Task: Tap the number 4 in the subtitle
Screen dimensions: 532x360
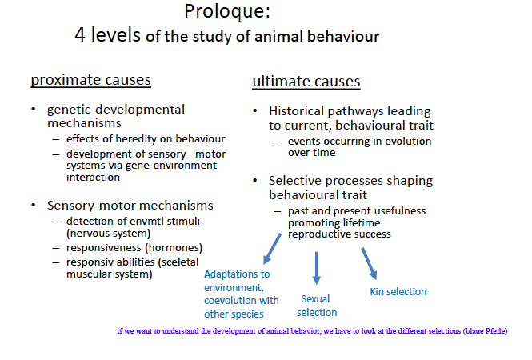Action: [x=81, y=35]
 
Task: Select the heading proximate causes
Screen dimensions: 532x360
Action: [x=90, y=80]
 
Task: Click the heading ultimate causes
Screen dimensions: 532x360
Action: [x=306, y=82]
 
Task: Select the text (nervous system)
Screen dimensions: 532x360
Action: [x=108, y=233]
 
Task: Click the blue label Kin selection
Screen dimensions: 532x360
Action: [x=398, y=291]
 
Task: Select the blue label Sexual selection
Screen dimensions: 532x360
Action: [x=316, y=306]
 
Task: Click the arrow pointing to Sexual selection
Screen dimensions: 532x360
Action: [x=316, y=267]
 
